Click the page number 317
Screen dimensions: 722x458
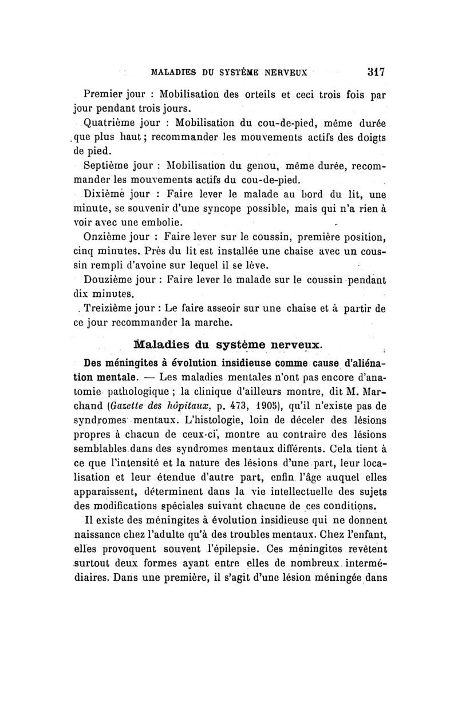(375, 73)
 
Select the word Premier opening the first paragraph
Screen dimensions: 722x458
(104, 93)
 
